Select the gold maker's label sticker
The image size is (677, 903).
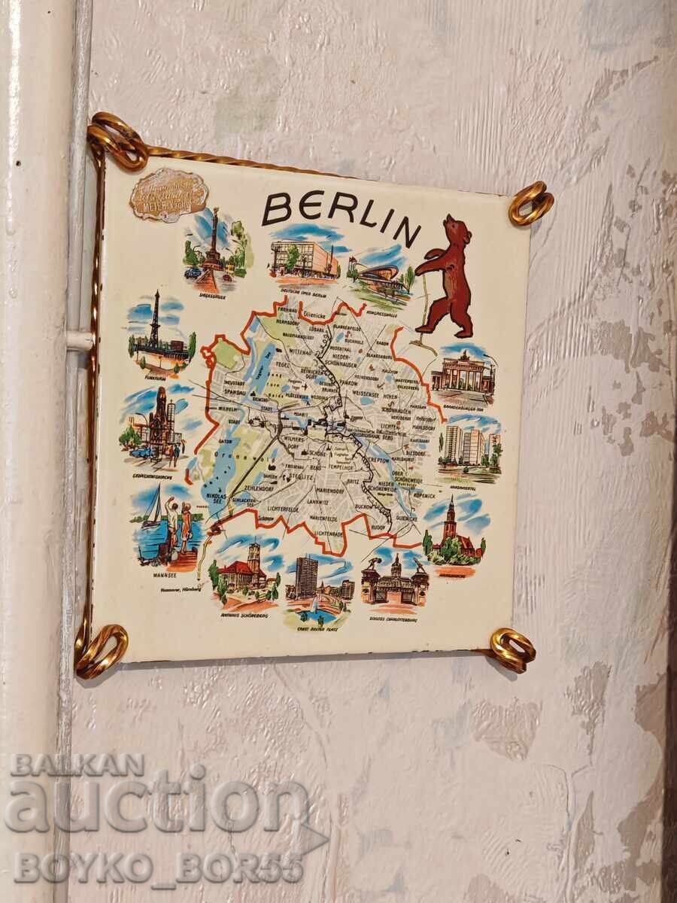pyautogui.click(x=168, y=195)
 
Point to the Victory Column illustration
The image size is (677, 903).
pyautogui.click(x=215, y=248)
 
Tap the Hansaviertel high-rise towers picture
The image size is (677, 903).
pyautogui.click(x=466, y=445)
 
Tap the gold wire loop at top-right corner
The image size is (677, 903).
pyautogui.click(x=530, y=202)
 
